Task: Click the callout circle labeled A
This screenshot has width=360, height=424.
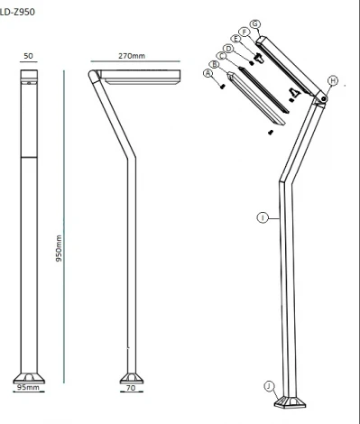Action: click(x=208, y=75)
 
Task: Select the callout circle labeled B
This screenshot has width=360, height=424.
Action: click(x=214, y=65)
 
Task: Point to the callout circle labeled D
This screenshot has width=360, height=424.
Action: click(x=228, y=48)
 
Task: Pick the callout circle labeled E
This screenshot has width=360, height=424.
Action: click(x=235, y=39)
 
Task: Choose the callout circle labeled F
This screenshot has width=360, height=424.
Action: click(x=244, y=31)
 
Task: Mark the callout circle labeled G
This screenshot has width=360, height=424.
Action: click(x=255, y=23)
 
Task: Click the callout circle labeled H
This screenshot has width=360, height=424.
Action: click(x=332, y=81)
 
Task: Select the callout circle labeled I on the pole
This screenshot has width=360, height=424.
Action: click(x=262, y=217)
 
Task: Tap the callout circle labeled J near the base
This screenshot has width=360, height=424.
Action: click(x=269, y=385)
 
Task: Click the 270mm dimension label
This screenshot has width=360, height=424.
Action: click(x=131, y=56)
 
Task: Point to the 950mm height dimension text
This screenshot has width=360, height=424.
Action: click(x=59, y=247)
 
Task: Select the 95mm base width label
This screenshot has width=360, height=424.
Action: click(x=27, y=388)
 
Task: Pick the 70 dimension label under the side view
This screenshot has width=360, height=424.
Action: click(x=130, y=388)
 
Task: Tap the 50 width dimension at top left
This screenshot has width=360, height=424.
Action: click(x=28, y=56)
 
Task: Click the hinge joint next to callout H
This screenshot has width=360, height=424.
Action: click(x=318, y=99)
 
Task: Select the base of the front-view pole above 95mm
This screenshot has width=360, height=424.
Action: click(x=28, y=375)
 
